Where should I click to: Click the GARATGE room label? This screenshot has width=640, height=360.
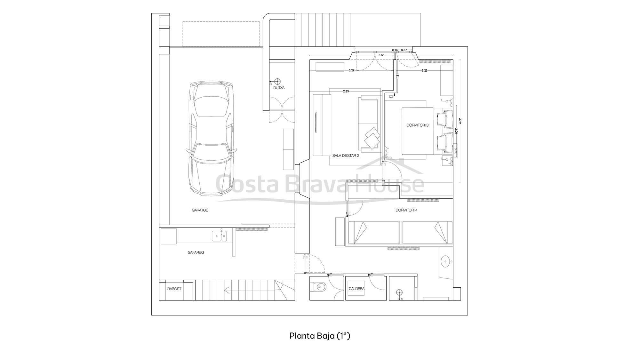pyautogui.click(x=200, y=210)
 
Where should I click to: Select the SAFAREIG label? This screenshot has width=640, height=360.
pyautogui.click(x=196, y=252)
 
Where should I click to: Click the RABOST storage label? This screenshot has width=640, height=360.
pyautogui.click(x=174, y=289)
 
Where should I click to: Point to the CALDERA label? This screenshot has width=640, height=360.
pyautogui.click(x=356, y=289)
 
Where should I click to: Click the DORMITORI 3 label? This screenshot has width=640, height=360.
pyautogui.click(x=417, y=125)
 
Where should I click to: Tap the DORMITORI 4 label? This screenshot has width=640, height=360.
pyautogui.click(x=406, y=210)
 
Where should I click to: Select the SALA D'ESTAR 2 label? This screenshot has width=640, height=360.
pyautogui.click(x=346, y=156)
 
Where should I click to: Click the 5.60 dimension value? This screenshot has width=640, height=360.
pyautogui.click(x=381, y=55)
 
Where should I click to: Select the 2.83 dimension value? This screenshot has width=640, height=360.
pyautogui.click(x=346, y=92)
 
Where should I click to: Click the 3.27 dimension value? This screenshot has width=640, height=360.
pyautogui.click(x=351, y=70)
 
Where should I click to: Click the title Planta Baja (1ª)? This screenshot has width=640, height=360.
pyautogui.click(x=320, y=336)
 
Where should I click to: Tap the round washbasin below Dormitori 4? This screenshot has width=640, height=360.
pyautogui.click(x=446, y=262)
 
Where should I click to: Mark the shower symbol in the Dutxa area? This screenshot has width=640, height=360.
pyautogui.click(x=277, y=82)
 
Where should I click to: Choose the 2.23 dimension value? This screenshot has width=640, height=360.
pyautogui.click(x=424, y=70)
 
